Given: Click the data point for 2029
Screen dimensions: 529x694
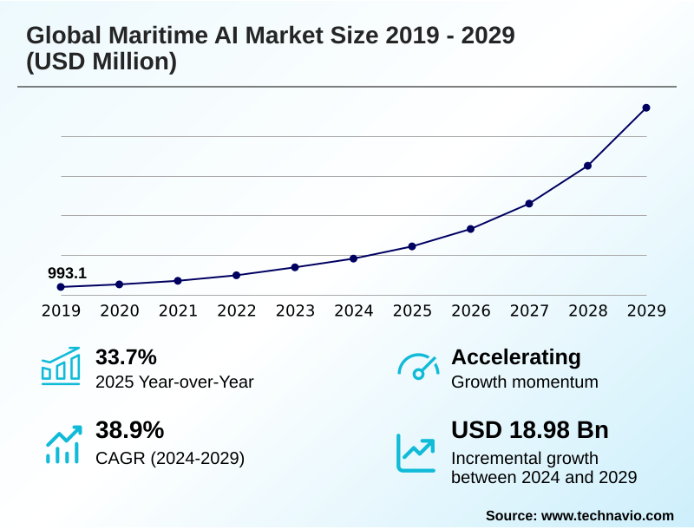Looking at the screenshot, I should (646, 108).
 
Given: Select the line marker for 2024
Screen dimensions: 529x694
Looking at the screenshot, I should (354, 258).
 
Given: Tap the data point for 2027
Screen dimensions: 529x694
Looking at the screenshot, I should (529, 203).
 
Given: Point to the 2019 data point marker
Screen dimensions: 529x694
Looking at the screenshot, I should (61, 287).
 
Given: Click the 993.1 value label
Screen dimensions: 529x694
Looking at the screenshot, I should (67, 273).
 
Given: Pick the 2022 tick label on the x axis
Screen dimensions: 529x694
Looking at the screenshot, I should (237, 311).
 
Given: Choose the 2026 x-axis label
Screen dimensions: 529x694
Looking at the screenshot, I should (471, 311).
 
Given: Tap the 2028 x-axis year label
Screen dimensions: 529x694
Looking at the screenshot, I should (588, 311).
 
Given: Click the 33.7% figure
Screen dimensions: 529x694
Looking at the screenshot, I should (126, 356).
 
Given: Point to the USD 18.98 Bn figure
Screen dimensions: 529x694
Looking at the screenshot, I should (530, 430).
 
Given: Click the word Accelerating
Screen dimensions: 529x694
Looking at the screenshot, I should (516, 356).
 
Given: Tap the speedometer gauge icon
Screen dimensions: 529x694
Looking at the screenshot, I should (418, 367).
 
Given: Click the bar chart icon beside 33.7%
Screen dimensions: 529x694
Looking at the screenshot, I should (61, 366).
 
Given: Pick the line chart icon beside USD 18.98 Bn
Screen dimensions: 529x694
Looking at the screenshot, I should (416, 452).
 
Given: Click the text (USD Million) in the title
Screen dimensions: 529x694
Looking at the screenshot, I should (101, 63).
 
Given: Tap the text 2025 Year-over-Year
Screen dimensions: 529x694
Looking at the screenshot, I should (174, 382).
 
